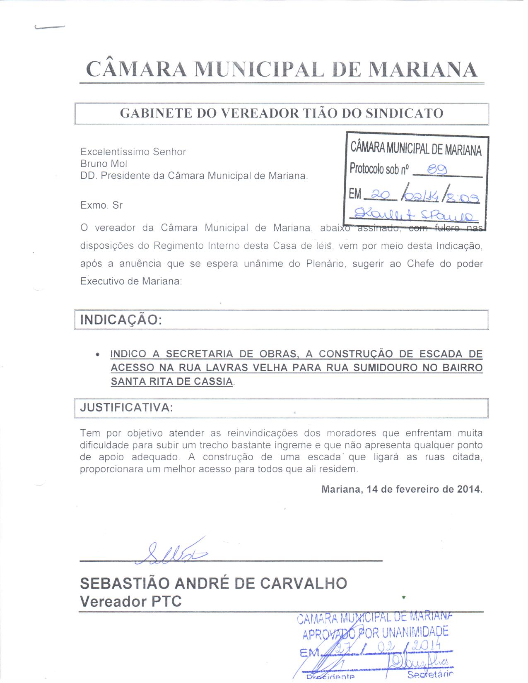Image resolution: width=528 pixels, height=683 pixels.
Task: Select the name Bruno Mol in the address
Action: tap(104, 164)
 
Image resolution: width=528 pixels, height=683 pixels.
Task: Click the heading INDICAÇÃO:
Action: tap(121, 320)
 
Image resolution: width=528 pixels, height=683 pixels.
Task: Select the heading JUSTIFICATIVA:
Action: tap(126, 407)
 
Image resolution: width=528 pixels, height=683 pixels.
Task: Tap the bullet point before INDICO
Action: tap(97, 355)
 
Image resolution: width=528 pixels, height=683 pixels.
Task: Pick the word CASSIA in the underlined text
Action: tap(213, 381)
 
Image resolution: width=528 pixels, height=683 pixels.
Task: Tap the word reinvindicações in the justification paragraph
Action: tap(262, 433)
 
